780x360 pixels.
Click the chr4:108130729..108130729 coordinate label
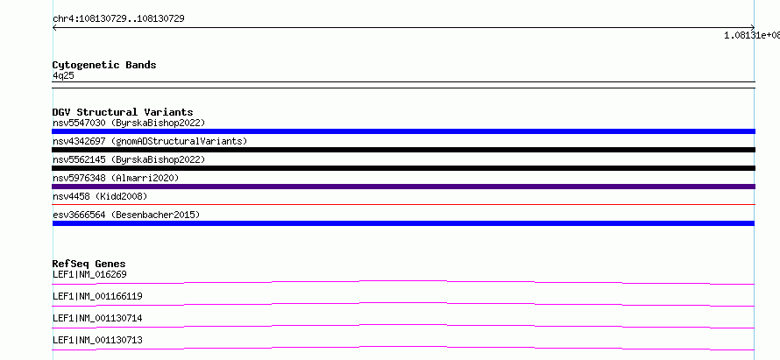(x=119, y=19)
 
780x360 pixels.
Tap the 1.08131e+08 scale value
(x=752, y=35)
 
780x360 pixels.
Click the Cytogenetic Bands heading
(x=104, y=65)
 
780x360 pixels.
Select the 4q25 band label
(x=64, y=76)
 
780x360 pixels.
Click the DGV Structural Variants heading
(x=123, y=112)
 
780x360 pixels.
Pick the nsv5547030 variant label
(x=129, y=123)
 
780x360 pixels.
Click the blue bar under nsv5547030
(x=403, y=131)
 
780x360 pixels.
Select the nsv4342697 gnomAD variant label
(x=150, y=141)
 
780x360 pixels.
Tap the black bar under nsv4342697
(x=403, y=150)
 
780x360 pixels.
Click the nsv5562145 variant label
(x=129, y=159)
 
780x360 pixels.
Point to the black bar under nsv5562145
(x=403, y=168)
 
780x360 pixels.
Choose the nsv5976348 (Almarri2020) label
(x=116, y=178)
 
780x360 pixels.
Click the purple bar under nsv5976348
(x=403, y=187)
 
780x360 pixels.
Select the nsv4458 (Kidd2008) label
(x=100, y=196)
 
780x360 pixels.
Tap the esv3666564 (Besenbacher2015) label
(x=126, y=215)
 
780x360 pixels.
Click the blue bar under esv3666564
(x=403, y=223)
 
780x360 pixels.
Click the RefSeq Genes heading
(x=89, y=264)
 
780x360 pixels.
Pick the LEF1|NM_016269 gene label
(x=86, y=274)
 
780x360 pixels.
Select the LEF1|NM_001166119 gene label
(x=97, y=296)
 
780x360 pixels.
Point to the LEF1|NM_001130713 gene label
(x=97, y=340)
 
